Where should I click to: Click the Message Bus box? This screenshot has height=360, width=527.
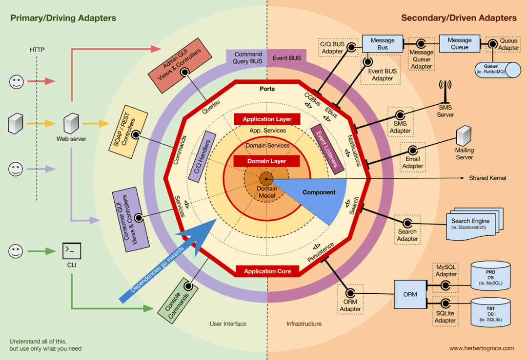tap(383, 43)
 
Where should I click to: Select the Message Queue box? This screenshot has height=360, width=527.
tap(459, 43)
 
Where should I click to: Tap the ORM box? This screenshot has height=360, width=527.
tap(410, 294)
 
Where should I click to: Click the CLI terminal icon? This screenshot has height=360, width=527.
tap(71, 251)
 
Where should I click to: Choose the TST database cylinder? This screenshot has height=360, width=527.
tap(490, 313)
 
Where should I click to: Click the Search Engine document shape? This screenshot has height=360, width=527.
tap(470, 224)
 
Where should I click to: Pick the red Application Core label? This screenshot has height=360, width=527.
tap(267, 271)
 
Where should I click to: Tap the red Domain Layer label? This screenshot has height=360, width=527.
tap(266, 161)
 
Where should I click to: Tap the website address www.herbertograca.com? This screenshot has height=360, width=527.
tap(481, 348)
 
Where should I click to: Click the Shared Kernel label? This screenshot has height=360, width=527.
tap(487, 178)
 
